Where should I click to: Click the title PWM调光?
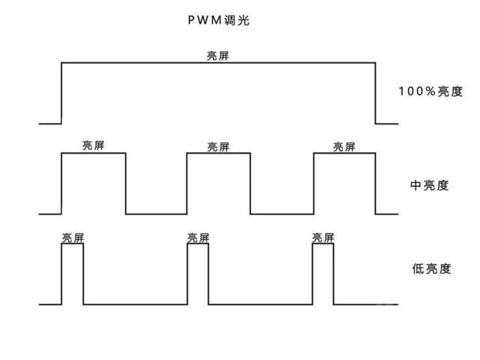tap(218, 21)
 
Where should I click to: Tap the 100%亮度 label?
tap(430, 91)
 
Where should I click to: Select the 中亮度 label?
tap(430, 184)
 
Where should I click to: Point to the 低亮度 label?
tap(430, 268)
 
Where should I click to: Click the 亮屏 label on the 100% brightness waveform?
tap(218, 56)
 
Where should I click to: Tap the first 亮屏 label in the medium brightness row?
tap(93, 146)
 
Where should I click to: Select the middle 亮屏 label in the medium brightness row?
tap(218, 147)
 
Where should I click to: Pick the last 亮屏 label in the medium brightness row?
tap(344, 147)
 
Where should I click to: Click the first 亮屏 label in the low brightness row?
tap(73, 238)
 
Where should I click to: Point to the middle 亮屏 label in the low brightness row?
tap(198, 238)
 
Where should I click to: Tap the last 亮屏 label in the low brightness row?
tap(323, 238)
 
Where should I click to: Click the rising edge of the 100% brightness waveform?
tap(61, 93)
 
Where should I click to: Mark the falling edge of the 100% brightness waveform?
tap(375, 93)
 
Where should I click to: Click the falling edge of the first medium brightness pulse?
tap(125, 184)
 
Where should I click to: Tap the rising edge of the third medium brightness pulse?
tap(313, 184)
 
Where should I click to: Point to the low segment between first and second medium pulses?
tap(156, 214)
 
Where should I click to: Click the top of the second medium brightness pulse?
tap(218, 154)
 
